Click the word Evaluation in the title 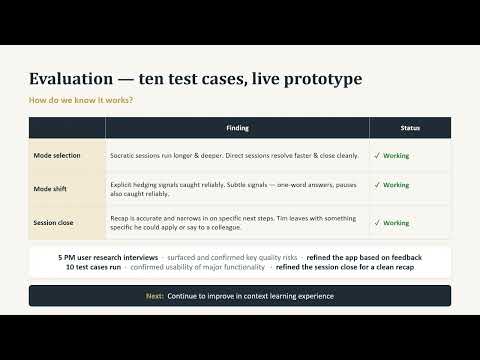[71, 79]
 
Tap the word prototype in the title [323, 80]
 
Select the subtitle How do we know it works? [81, 100]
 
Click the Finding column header [237, 128]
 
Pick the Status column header [410, 128]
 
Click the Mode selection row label [57, 156]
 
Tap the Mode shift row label [50, 189]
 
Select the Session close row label [53, 223]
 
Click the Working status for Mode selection [396, 156]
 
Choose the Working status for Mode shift [396, 185]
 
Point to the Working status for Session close [396, 223]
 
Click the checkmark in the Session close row [377, 223]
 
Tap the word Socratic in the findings [121, 156]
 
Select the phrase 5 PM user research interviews [108, 258]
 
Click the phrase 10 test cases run [93, 267]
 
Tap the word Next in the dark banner [155, 296]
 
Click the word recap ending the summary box [404, 268]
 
